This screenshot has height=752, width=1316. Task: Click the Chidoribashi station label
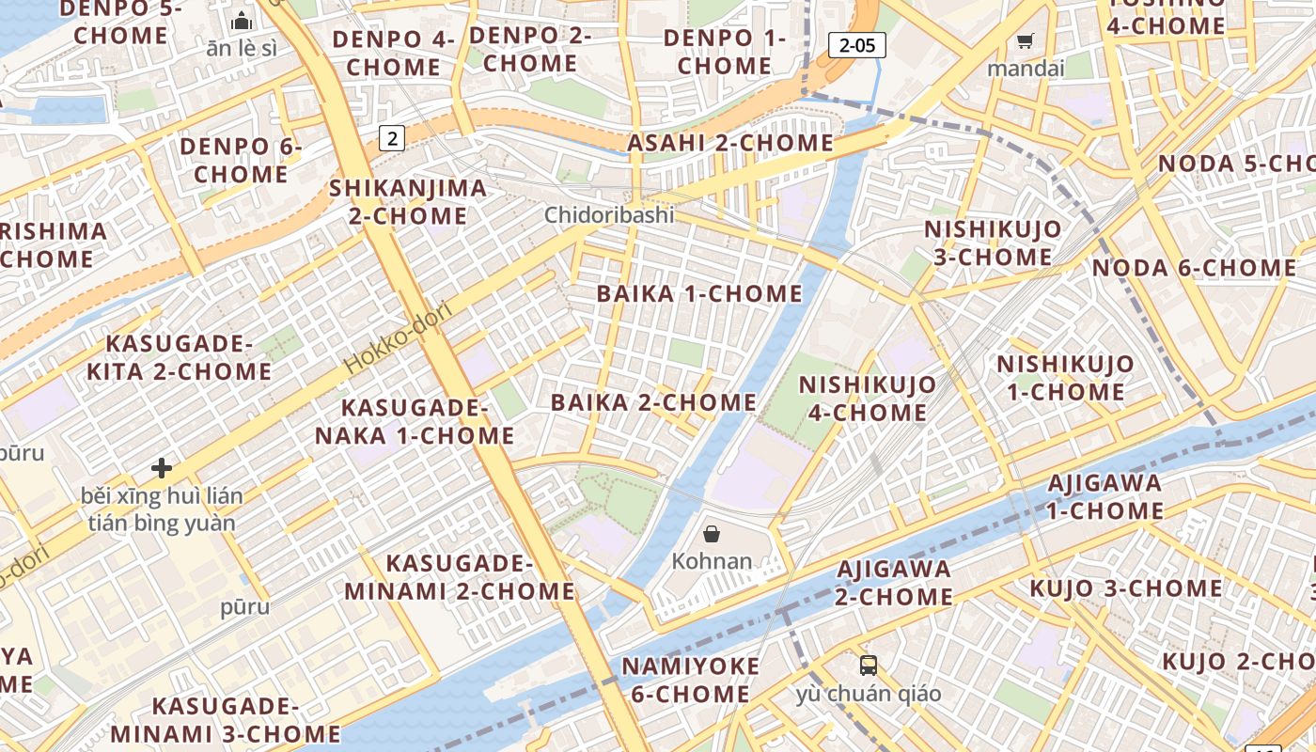click(x=609, y=215)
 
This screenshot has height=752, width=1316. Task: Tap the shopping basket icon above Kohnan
click(x=712, y=534)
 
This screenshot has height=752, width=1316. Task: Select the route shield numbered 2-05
click(x=857, y=44)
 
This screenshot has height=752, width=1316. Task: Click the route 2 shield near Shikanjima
click(x=392, y=138)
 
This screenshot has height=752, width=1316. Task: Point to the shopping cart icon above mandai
click(x=1025, y=40)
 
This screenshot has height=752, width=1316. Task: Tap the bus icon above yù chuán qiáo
click(x=869, y=666)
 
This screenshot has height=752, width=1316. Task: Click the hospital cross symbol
click(x=162, y=467)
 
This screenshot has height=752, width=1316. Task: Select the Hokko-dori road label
click(x=398, y=337)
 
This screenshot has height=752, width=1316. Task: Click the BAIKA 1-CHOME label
click(x=699, y=293)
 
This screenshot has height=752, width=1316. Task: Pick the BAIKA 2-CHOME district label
click(x=653, y=402)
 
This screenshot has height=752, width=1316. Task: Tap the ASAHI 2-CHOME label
click(x=730, y=143)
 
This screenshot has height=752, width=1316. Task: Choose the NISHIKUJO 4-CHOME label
click(x=867, y=399)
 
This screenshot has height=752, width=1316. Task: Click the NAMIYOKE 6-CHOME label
click(x=690, y=681)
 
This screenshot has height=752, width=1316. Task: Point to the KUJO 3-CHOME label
click(x=1125, y=588)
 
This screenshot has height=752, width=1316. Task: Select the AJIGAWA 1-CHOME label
click(x=1105, y=497)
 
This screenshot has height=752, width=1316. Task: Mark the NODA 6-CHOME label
click(x=1194, y=268)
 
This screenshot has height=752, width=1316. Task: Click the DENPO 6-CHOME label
click(x=241, y=161)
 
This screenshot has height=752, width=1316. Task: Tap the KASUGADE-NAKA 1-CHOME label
click(x=415, y=422)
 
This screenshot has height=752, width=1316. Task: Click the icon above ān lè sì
click(x=242, y=20)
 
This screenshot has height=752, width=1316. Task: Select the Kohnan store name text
click(x=712, y=561)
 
